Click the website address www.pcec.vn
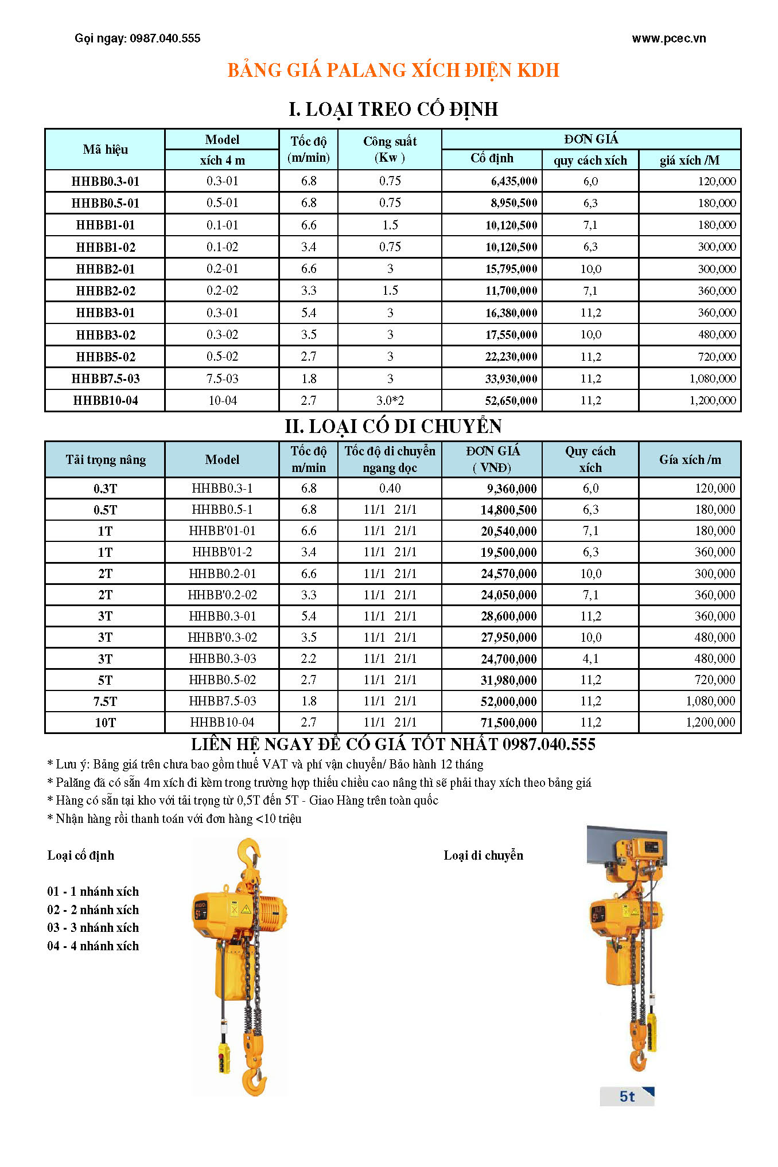tap(668, 38)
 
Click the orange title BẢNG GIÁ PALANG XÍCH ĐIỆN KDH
tap(393, 70)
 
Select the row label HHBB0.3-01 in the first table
tap(106, 181)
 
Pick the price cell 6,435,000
tap(514, 181)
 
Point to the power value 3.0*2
tap(390, 401)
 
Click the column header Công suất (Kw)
tap(390, 149)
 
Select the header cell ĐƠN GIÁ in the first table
tap(591, 139)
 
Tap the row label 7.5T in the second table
tap(106, 701)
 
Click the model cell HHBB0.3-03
tap(223, 659)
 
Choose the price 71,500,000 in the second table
tap(508, 723)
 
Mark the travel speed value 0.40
tap(390, 489)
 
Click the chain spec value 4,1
tap(590, 659)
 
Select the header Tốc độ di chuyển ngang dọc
tap(390, 459)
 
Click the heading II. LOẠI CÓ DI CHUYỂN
tap(393, 426)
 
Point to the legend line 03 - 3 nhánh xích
tap(93, 928)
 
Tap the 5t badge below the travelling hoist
tap(627, 1096)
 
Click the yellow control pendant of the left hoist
tap(223, 1058)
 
